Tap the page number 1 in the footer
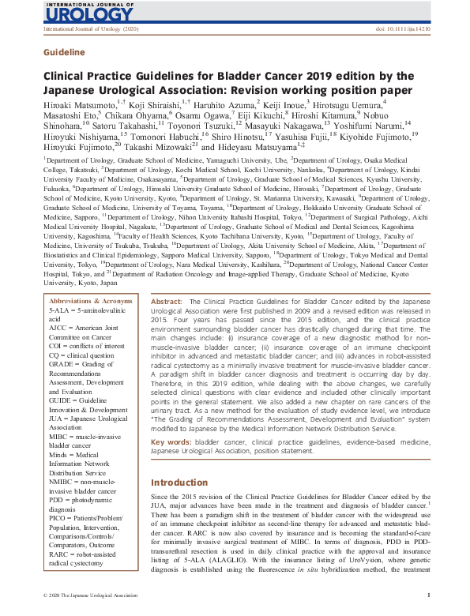427,595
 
